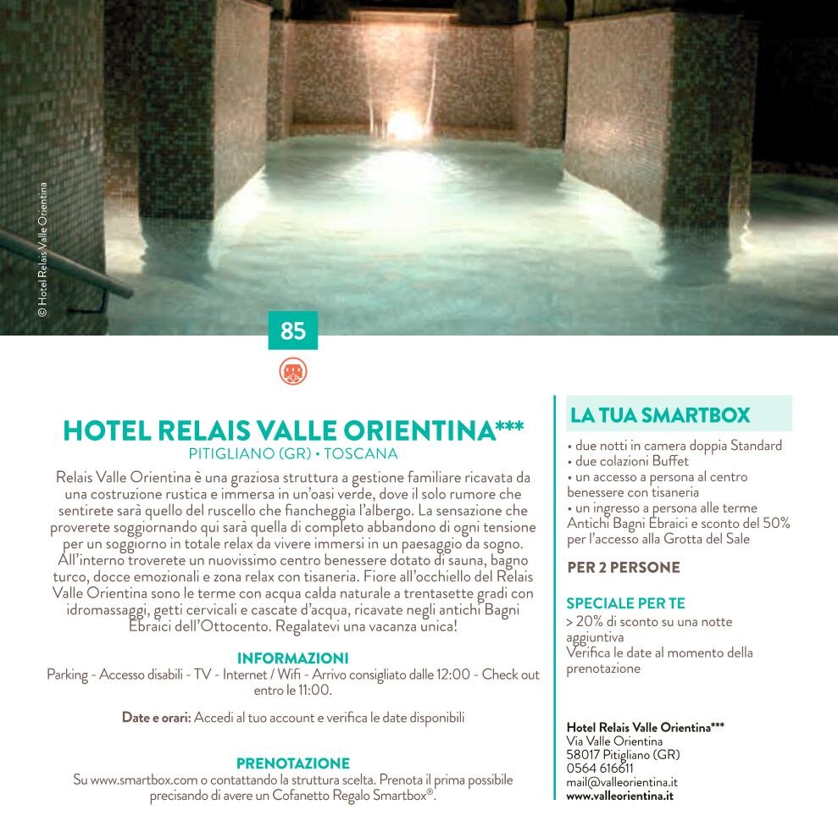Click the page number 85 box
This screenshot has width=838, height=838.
click(293, 330)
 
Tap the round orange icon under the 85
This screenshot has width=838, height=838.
click(293, 372)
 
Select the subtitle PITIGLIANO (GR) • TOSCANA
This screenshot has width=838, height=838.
click(293, 453)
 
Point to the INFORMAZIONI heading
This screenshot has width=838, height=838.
click(293, 658)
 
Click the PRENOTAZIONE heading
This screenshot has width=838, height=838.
click(293, 763)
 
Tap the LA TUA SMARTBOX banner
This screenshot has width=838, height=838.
click(673, 415)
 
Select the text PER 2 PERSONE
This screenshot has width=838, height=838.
click(623, 568)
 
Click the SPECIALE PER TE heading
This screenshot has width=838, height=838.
click(625, 604)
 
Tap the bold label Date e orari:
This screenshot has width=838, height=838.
click(156, 718)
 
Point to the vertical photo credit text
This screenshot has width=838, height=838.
click(42, 250)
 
